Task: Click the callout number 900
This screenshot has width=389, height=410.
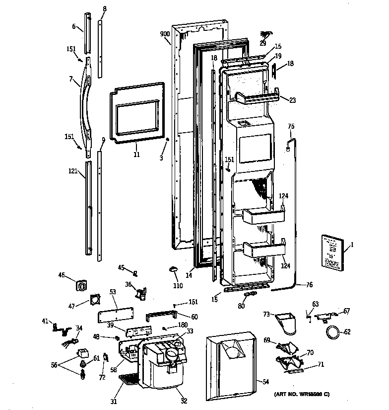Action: tap(165, 34)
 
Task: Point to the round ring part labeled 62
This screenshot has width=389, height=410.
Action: tap(332, 332)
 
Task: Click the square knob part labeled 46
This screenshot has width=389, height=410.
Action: tap(82, 286)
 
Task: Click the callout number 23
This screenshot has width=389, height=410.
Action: tap(292, 100)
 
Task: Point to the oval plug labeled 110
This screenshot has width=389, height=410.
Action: tap(173, 269)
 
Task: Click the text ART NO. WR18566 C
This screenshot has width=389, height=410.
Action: tap(302, 395)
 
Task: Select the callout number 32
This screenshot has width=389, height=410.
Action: tap(184, 401)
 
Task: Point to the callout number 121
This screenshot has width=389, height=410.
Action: tap(73, 171)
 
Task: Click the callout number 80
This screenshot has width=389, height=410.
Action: tap(241, 306)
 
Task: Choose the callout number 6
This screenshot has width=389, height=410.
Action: tap(73, 27)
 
